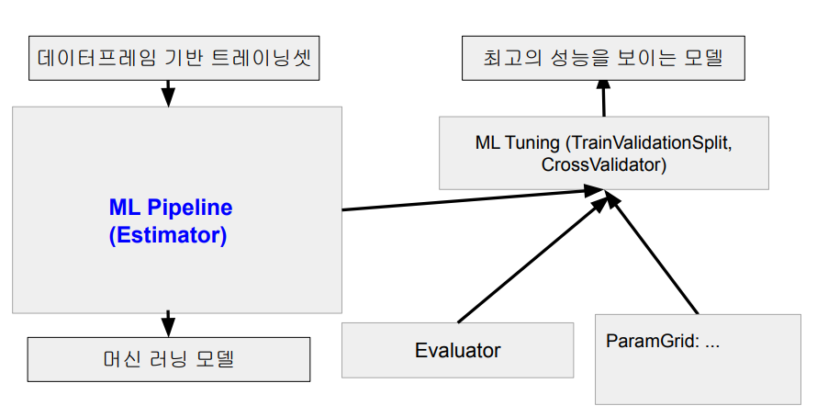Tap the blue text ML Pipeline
click(171, 208)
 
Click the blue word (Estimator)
click(167, 234)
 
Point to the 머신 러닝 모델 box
click(169, 358)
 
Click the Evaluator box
click(457, 350)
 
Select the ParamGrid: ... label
click(663, 341)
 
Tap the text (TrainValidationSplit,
click(651, 143)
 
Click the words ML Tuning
click(516, 143)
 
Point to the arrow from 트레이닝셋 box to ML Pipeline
click(167, 92)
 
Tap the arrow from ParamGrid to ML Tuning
click(654, 257)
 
